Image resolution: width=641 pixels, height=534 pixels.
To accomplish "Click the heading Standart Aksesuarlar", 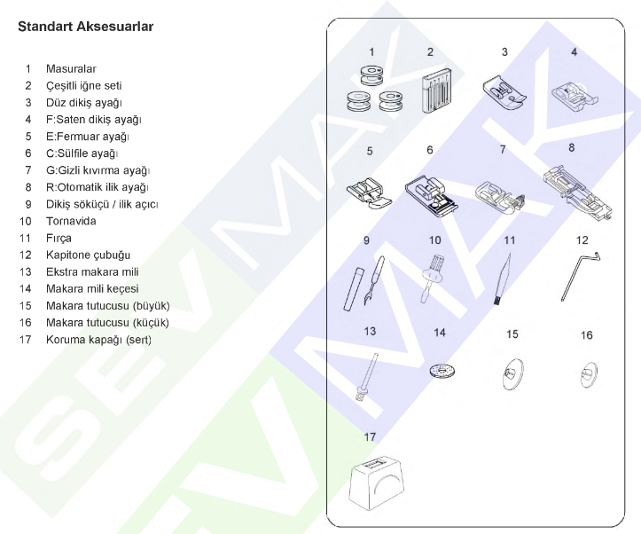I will point(85,27).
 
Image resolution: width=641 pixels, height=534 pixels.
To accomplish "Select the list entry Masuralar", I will point(71,68).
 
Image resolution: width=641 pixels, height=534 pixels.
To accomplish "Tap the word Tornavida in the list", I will point(71,221).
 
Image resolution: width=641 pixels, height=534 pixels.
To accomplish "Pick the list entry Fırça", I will point(59,238).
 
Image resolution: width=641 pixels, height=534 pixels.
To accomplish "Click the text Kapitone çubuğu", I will point(88,255).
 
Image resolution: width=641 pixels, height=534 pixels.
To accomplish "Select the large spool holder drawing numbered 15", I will point(512,373).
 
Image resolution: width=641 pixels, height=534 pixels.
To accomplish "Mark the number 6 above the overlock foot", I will point(430,151).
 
